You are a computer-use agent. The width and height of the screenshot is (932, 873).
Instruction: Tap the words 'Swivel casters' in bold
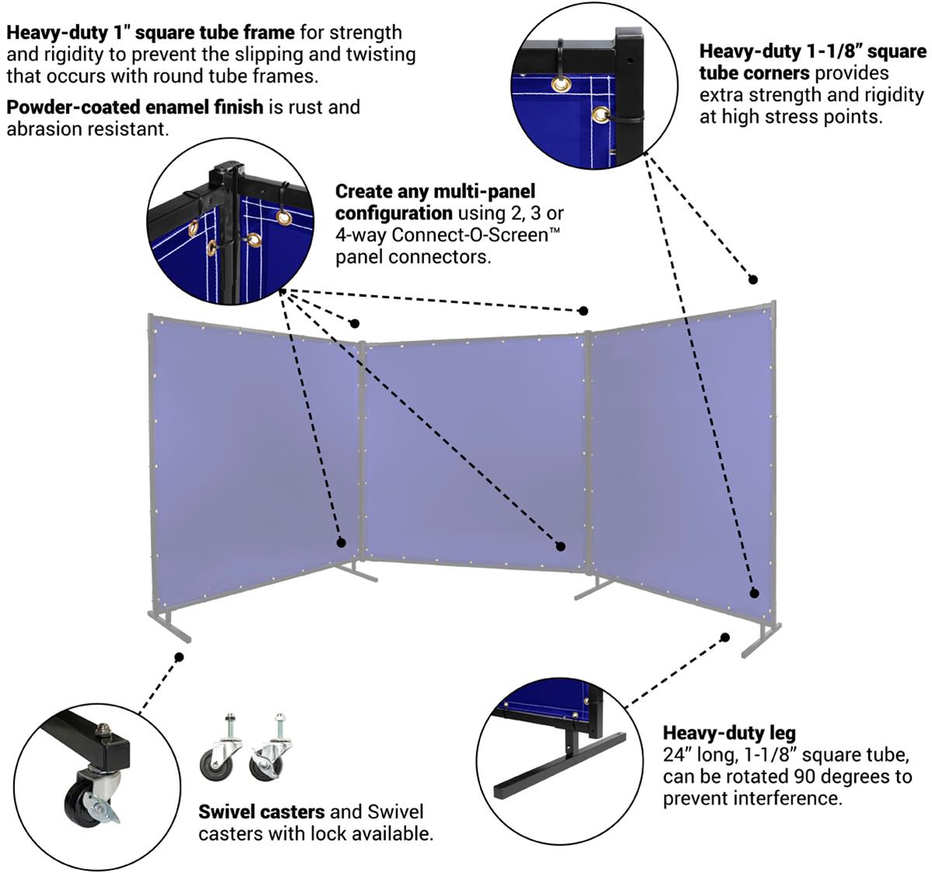[x=261, y=812]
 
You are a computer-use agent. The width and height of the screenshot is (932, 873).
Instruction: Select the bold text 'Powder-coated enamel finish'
[x=134, y=107]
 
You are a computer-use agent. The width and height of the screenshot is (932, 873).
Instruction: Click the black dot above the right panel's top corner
[x=752, y=279]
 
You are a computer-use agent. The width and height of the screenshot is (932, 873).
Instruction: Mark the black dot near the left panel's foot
[x=179, y=657]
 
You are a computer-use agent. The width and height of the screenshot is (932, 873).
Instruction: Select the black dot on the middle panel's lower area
[x=560, y=546]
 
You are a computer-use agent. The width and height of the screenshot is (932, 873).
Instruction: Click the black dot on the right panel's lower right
[x=753, y=593]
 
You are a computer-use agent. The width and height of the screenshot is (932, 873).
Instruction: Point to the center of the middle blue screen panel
[x=475, y=449]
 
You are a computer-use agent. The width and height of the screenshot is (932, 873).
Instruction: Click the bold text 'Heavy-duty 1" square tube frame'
[x=151, y=33]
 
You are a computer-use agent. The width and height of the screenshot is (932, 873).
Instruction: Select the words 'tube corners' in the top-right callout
[x=754, y=73]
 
